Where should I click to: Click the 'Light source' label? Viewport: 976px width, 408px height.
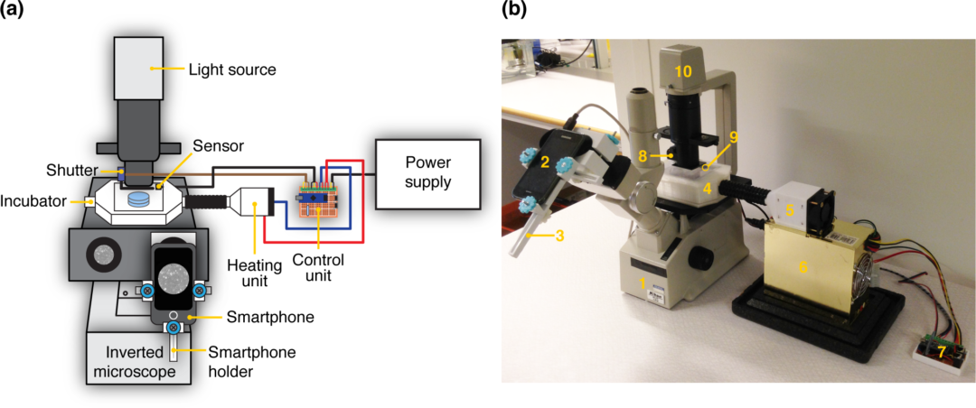[x=231, y=69]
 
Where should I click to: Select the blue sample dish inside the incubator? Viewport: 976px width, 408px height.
[x=139, y=199]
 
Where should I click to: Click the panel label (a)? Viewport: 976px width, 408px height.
[x=17, y=11]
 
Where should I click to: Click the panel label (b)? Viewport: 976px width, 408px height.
[x=518, y=11]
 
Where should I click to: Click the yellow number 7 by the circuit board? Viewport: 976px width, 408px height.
[x=940, y=349]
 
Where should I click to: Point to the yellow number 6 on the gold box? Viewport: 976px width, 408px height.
[x=801, y=266]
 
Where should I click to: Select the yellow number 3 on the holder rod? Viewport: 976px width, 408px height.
[x=559, y=236]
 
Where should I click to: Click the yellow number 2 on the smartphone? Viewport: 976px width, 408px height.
[x=545, y=162]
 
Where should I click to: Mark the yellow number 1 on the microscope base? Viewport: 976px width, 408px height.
[x=643, y=283]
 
